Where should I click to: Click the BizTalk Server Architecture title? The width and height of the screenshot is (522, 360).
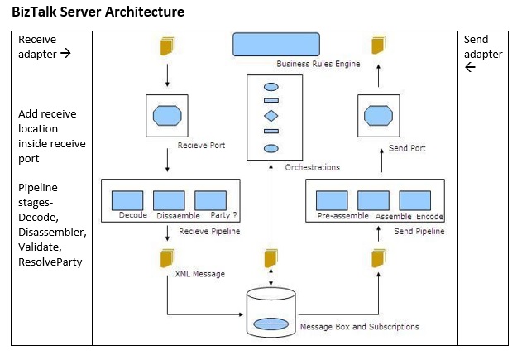coord(98,12)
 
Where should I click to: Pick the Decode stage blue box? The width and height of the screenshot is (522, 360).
coord(128,200)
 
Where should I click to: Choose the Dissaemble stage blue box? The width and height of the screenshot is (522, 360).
coord(169,200)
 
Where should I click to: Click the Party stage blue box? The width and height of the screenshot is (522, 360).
coord(210,200)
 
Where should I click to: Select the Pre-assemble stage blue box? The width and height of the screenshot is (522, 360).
coord(333,200)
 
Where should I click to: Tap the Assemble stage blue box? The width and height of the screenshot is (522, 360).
coord(373,200)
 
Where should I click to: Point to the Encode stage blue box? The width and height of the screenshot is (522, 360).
coord(414,200)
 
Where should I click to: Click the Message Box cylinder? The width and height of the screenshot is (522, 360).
coord(271,314)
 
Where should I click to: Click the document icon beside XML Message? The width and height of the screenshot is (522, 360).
coord(168,259)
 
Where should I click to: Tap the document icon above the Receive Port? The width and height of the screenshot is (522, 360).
coord(167,47)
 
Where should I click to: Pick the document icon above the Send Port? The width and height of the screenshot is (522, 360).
coord(379,47)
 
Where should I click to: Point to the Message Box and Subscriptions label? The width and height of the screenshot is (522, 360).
coord(359,327)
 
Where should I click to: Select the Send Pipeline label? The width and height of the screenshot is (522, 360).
coord(419,232)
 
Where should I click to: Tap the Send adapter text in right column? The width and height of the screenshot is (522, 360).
coord(482,47)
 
